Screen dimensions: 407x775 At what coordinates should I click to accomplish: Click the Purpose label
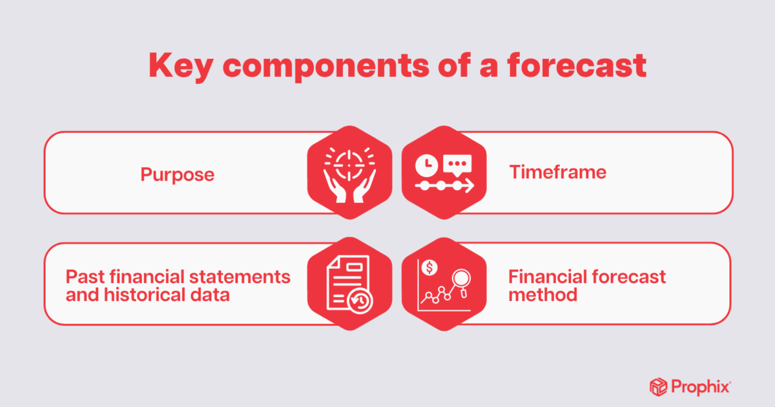click(178, 174)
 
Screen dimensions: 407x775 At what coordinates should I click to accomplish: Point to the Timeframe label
click(557, 172)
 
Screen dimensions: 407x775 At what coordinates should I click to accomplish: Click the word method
click(542, 295)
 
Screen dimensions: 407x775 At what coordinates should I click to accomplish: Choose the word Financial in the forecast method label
click(546, 277)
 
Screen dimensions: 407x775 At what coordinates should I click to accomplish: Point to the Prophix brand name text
click(702, 388)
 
